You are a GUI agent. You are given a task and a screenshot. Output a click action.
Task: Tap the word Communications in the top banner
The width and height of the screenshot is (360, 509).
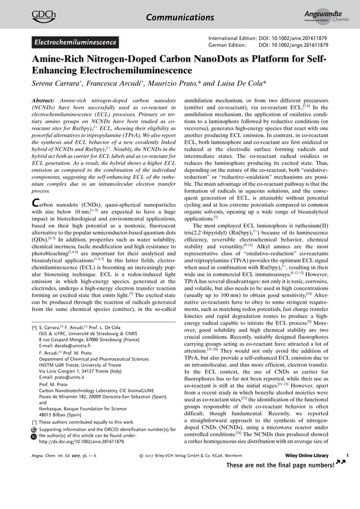[180, 17]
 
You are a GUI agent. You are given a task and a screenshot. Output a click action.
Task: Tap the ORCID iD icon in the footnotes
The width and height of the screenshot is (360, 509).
[33, 437]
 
